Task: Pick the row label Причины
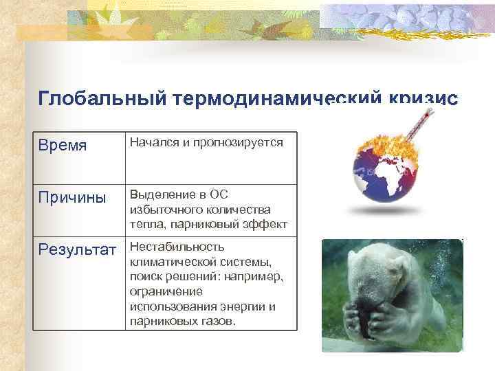point(71,197)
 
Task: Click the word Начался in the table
point(151,142)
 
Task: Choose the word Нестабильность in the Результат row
point(177,247)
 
